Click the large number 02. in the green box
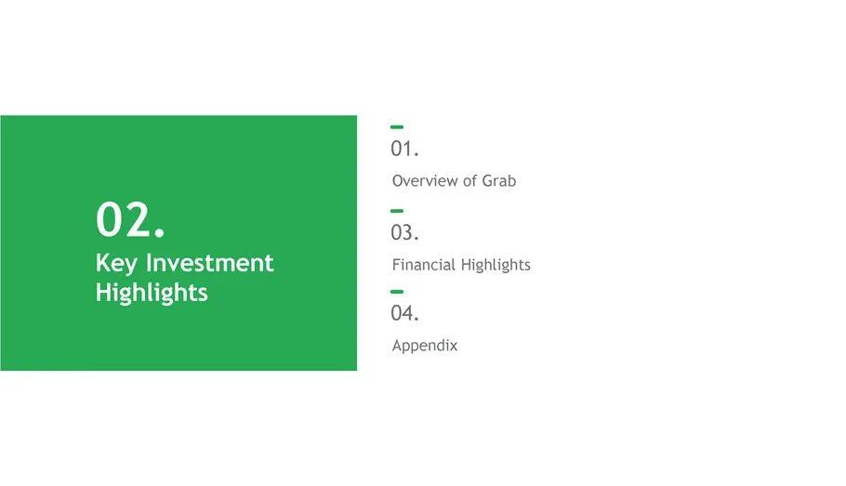coord(130,219)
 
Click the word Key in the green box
coord(116,264)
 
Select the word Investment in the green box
coord(210,263)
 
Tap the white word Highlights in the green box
coord(152,293)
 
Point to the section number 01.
coord(404,149)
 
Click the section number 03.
coord(404,232)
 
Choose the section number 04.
coord(404,313)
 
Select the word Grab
coord(498,180)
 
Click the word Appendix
coord(425,345)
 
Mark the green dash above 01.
coord(397,126)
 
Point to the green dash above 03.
coord(397,211)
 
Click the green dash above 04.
coord(397,291)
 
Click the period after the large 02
coord(159,232)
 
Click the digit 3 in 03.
coord(408,232)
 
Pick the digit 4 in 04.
coord(408,313)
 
